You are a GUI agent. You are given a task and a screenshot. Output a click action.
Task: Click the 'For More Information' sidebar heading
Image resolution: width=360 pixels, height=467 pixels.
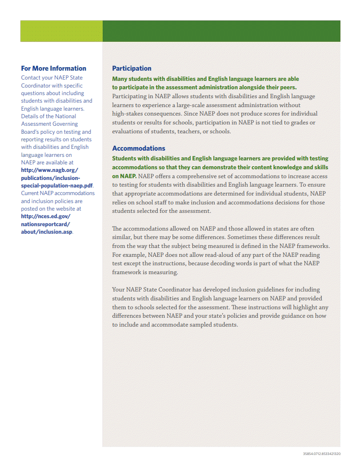pyautogui.click(x=53, y=68)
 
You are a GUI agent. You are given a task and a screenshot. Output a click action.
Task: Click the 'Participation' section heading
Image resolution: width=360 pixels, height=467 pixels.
pyautogui.click(x=132, y=68)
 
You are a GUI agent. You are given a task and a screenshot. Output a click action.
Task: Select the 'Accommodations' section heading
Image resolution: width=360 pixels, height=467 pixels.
pyautogui.click(x=139, y=148)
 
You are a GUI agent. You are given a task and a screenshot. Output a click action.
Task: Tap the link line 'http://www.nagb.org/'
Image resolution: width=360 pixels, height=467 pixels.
pyautogui.click(x=50, y=170)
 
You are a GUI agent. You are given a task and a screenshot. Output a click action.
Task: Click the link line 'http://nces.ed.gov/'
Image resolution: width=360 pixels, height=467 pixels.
pyautogui.click(x=46, y=216)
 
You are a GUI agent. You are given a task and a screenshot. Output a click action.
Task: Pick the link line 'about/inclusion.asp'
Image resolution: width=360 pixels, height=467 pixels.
pyautogui.click(x=47, y=232)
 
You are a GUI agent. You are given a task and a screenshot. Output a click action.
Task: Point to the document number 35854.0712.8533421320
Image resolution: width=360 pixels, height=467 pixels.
pyautogui.click(x=322, y=454)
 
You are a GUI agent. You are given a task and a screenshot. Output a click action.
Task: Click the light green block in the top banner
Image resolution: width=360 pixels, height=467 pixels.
pyautogui.click(x=61, y=31)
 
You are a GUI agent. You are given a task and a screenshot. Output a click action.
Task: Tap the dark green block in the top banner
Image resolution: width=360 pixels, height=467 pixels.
pyautogui.click(x=221, y=31)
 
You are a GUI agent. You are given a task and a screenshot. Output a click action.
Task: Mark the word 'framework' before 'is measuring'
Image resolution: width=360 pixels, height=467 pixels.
pyautogui.click(x=126, y=272)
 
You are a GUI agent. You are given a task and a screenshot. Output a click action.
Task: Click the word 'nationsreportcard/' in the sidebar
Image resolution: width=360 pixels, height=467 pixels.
pyautogui.click(x=46, y=224)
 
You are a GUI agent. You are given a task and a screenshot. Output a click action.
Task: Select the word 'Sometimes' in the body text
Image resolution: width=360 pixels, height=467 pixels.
pyautogui.click(x=243, y=237)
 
